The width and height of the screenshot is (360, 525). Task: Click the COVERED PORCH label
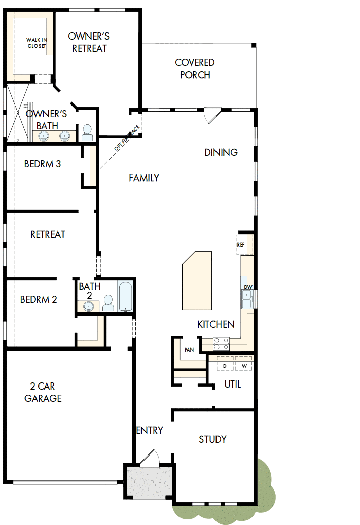(x=195, y=68)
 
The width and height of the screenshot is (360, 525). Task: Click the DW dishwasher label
(x=248, y=287)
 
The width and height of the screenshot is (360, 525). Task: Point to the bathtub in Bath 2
(x=125, y=297)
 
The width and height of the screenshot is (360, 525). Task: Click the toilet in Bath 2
(x=107, y=303)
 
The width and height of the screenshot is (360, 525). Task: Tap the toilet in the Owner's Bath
(x=87, y=132)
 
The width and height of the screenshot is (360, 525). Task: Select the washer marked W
(x=243, y=366)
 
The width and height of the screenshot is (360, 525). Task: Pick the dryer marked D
(x=225, y=366)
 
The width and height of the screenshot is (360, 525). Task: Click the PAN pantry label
(x=189, y=349)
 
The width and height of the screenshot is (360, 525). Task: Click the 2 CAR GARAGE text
(x=43, y=393)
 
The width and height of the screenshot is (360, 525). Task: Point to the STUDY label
(x=212, y=439)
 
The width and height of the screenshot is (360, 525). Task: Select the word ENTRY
(x=150, y=430)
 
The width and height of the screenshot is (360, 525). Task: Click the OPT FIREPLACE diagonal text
(x=126, y=139)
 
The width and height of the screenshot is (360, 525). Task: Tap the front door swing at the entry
(x=150, y=458)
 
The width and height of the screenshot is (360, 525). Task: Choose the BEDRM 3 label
(x=43, y=164)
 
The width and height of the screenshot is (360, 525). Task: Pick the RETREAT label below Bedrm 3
(x=48, y=234)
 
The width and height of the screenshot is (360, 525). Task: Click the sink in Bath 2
(x=89, y=305)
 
